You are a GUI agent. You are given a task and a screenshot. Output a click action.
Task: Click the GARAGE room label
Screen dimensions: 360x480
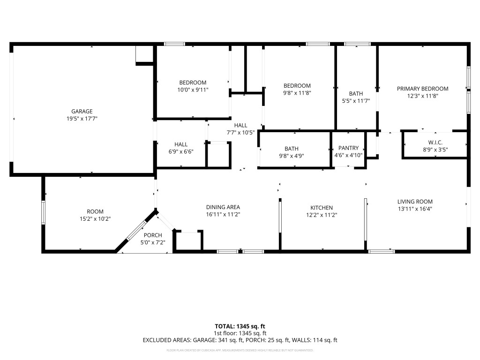click(x=82, y=111)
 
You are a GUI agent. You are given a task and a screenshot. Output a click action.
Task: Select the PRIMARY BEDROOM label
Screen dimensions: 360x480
click(x=422, y=89)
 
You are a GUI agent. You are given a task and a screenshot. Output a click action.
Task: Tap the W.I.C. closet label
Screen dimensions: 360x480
click(x=435, y=142)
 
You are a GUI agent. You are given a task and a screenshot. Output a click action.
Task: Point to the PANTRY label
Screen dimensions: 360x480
click(x=348, y=148)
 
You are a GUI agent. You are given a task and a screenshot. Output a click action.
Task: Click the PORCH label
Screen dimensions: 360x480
click(x=153, y=235)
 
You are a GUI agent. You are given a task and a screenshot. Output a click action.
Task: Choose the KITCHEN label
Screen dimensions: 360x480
click(x=322, y=208)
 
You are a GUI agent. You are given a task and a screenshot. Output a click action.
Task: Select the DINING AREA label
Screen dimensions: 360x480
click(x=223, y=207)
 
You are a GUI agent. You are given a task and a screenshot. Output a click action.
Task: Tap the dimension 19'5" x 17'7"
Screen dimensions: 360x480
click(x=82, y=119)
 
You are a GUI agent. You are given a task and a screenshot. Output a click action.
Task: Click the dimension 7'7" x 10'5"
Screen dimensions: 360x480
click(x=240, y=132)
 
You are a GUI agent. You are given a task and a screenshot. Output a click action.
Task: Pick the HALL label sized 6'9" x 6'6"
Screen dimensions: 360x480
click(x=181, y=144)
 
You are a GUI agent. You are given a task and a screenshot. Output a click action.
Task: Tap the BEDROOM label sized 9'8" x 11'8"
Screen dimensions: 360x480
click(x=297, y=86)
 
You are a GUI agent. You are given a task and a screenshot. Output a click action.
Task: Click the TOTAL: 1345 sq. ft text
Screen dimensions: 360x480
click(x=240, y=326)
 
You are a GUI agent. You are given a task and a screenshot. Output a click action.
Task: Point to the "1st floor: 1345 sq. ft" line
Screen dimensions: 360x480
click(x=240, y=333)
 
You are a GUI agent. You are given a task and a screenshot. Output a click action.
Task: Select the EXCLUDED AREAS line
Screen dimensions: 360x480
click(x=240, y=340)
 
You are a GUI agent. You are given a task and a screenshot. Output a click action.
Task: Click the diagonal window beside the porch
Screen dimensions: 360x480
click(x=137, y=230)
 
